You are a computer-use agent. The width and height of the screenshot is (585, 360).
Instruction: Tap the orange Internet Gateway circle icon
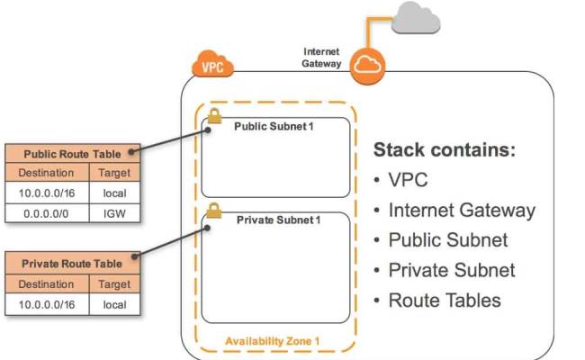pyautogui.click(x=367, y=65)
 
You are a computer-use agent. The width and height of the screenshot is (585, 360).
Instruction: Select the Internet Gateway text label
pyautogui.click(x=320, y=57)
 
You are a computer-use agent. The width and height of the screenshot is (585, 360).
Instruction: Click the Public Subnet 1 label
pyautogui.click(x=274, y=126)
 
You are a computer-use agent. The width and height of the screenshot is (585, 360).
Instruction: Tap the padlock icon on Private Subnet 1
pyautogui.click(x=214, y=211)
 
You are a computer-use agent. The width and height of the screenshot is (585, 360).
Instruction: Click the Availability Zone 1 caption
pyautogui.click(x=273, y=341)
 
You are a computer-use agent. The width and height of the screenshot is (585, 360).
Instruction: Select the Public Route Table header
pyautogui.click(x=71, y=153)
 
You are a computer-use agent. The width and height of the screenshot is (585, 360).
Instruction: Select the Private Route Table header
pyautogui.click(x=71, y=264)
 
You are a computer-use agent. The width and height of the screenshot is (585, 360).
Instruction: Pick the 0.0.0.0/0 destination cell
pyautogui.click(x=47, y=213)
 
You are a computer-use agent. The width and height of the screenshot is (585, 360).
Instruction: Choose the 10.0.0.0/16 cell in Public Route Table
pyautogui.click(x=47, y=193)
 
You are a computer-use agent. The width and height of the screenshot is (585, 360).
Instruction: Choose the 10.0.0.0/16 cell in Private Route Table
pyautogui.click(x=47, y=304)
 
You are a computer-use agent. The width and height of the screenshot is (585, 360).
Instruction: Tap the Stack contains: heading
pyautogui.click(x=445, y=149)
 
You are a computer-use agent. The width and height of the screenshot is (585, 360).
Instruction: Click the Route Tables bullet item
pyautogui.click(x=444, y=300)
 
